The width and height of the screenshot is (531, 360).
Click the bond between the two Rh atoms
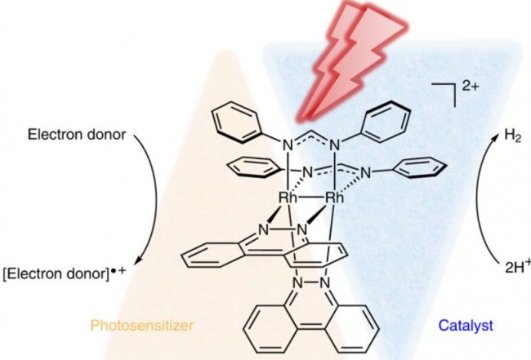pos(311,197)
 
